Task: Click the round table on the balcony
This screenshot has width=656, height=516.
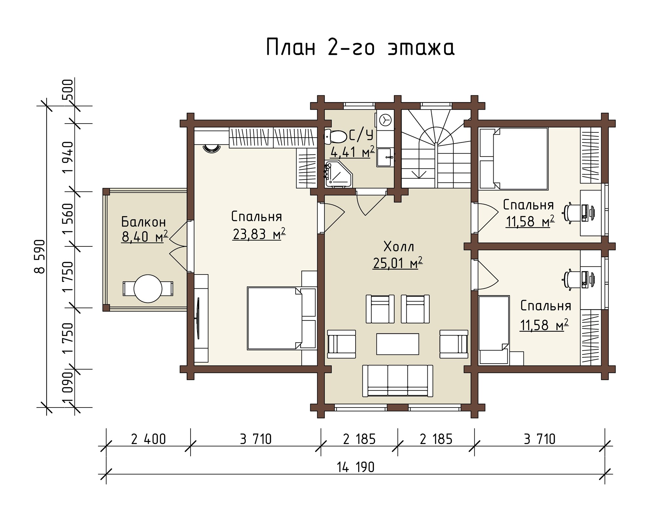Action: (148, 289)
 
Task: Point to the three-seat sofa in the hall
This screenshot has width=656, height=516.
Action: (398, 381)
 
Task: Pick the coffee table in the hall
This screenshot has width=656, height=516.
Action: (398, 344)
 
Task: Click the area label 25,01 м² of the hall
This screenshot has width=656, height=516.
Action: (398, 263)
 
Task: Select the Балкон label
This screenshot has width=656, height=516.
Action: (144, 222)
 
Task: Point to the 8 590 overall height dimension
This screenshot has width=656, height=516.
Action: (40, 256)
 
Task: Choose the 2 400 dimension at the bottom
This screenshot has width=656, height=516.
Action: (148, 439)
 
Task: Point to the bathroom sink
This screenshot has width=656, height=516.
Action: (385, 157)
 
